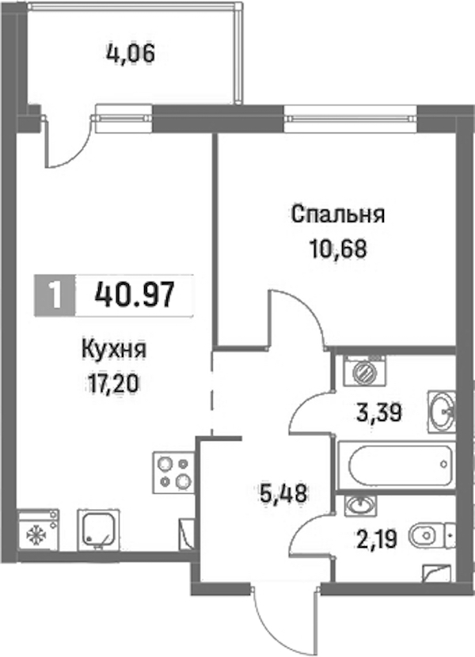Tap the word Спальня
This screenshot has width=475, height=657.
(338, 215)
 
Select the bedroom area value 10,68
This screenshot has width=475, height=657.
(338, 249)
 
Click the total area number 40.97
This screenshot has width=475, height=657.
(134, 294)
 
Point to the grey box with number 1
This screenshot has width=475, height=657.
(55, 294)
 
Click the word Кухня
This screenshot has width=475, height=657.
(113, 350)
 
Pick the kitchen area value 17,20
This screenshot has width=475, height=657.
(112, 383)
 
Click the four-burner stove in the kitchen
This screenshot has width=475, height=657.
(173, 473)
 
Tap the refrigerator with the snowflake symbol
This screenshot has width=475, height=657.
(38, 530)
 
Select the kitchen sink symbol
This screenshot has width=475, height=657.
(98, 530)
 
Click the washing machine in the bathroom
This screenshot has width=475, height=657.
(363, 370)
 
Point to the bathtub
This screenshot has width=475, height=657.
(396, 465)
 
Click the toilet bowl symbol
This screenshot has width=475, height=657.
(430, 535)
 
